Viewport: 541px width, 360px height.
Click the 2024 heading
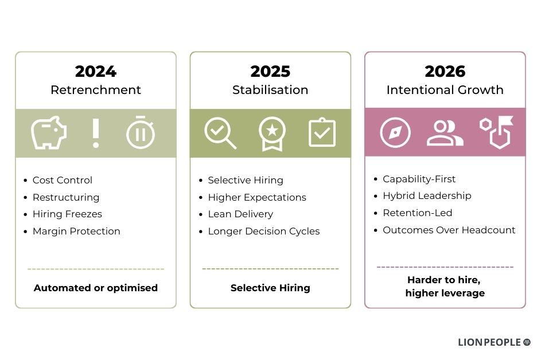click(x=96, y=72)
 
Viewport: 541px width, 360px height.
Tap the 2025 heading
click(x=270, y=72)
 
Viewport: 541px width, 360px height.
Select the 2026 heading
click(x=445, y=72)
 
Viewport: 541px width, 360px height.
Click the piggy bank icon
click(x=49, y=133)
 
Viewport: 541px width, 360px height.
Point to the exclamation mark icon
click(x=96, y=133)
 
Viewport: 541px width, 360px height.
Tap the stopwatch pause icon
click(x=141, y=132)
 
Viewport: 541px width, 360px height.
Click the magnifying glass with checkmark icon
click(x=220, y=133)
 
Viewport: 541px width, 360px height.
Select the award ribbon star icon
click(x=273, y=134)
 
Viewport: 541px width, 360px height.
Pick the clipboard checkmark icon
click(x=322, y=132)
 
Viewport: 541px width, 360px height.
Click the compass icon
click(x=395, y=132)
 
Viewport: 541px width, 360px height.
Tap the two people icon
click(x=445, y=133)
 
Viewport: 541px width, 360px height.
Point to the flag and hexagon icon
click(x=496, y=132)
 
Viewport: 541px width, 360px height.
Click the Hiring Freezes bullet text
click(x=67, y=214)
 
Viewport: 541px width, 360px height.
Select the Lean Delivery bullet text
click(x=240, y=214)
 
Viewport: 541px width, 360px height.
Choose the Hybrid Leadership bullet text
click(x=427, y=196)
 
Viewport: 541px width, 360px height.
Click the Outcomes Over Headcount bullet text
click(x=449, y=230)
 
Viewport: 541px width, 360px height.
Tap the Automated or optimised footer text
click(x=96, y=288)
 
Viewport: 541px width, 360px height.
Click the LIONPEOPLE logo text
click(x=489, y=342)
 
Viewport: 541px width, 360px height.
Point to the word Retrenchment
click(x=96, y=90)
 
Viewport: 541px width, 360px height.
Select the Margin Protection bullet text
click(x=76, y=231)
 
